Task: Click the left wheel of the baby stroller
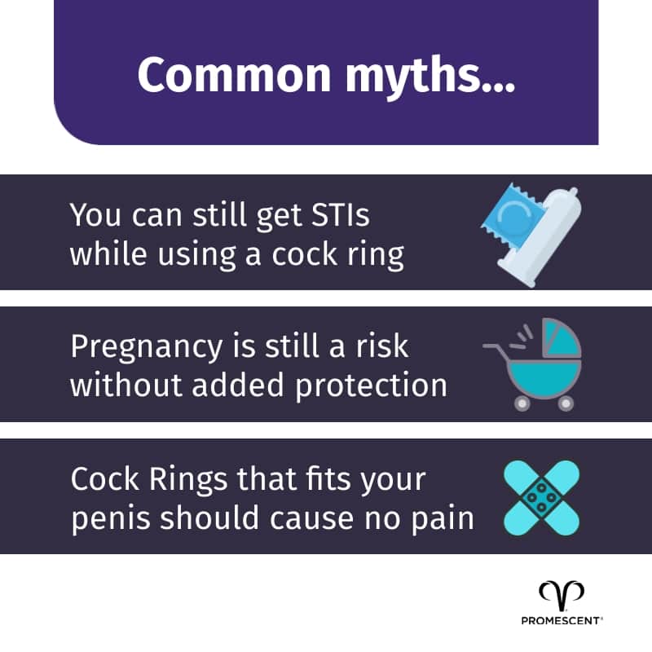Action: (x=519, y=403)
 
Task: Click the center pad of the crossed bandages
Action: (x=541, y=497)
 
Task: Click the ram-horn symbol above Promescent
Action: (x=562, y=594)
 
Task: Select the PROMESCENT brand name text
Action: (x=562, y=620)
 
